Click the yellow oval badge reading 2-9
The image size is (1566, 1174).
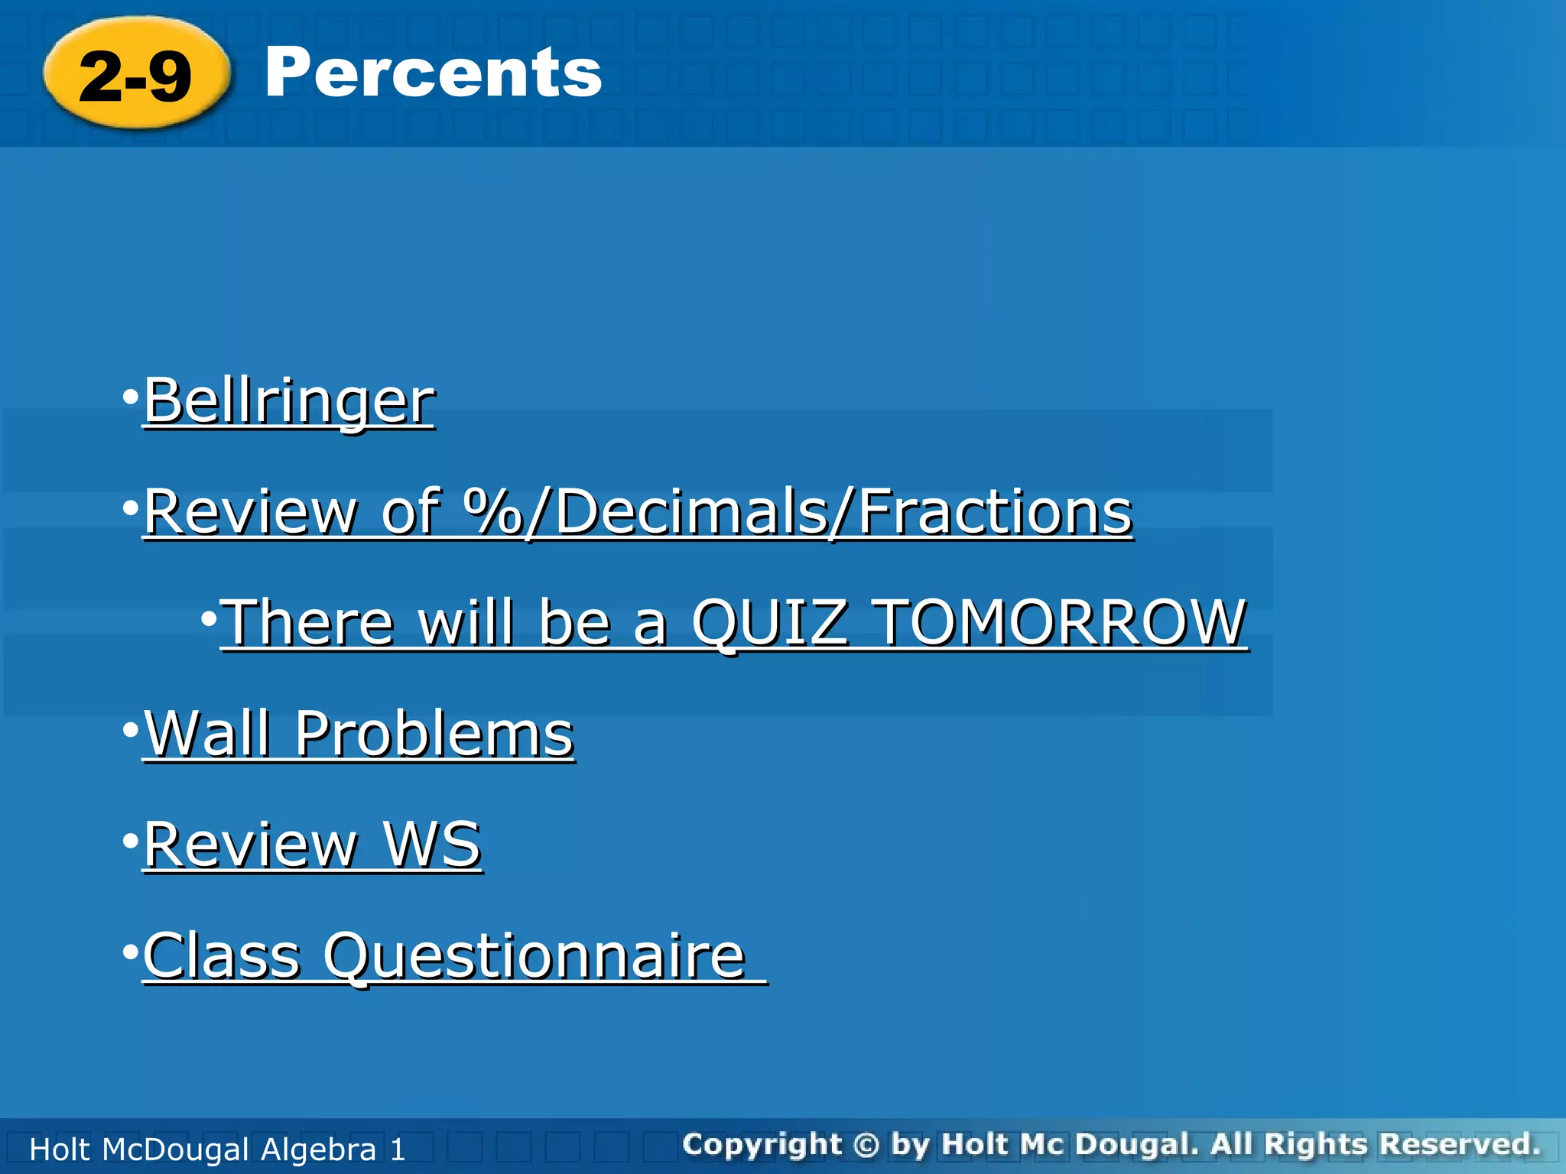tap(136, 74)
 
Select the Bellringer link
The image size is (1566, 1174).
tap(289, 401)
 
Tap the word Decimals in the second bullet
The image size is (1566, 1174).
tap(691, 511)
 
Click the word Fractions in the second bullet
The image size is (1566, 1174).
tap(994, 511)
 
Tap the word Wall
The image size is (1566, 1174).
tap(207, 733)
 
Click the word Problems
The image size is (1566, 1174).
tap(434, 733)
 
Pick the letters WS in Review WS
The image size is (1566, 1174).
tap(431, 844)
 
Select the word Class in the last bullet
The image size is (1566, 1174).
tap(222, 955)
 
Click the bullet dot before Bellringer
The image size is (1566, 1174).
tap(131, 397)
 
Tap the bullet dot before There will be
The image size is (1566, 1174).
tap(209, 618)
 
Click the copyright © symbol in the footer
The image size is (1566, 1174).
tap(866, 1144)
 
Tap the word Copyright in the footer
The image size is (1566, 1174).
tap(762, 1144)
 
